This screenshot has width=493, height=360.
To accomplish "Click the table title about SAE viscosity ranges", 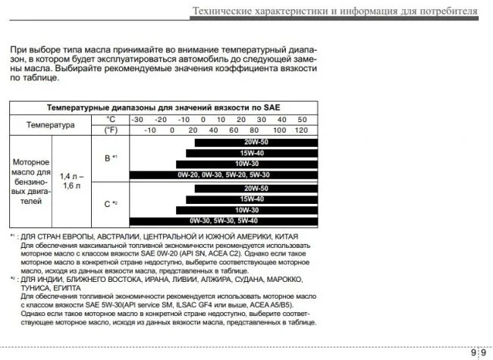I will click(164, 108).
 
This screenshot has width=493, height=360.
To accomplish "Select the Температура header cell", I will click(51, 124).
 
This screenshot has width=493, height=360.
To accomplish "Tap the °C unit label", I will click(111, 119).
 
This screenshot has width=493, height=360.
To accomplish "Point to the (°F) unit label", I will click(111, 130).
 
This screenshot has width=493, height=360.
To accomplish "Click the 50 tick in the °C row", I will click(301, 119).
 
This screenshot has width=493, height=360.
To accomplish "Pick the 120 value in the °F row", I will click(301, 130).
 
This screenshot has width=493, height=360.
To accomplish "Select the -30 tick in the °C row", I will click(137, 119).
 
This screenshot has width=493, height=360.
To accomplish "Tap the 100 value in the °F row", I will click(279, 130).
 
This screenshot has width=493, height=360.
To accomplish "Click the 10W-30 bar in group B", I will click(246, 164).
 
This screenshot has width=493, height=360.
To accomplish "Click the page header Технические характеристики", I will click(334, 11).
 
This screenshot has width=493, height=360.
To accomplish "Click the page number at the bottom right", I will click(479, 352).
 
